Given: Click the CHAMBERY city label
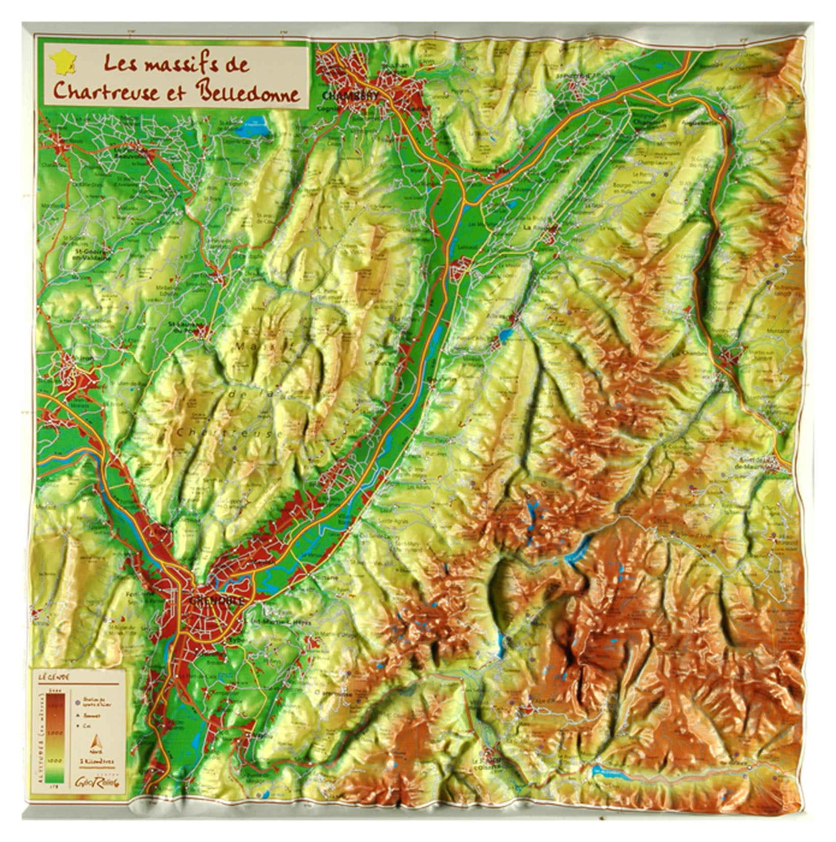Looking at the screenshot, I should tap(343, 96).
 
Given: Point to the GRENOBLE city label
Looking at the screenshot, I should tap(216, 601).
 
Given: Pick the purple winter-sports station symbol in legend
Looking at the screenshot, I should tap(77, 703).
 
